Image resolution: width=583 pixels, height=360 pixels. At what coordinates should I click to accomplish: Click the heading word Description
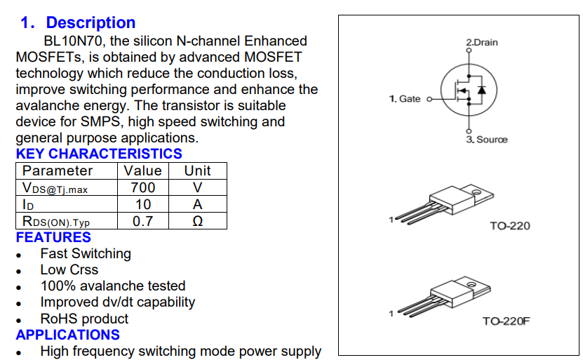pyautogui.click(x=91, y=23)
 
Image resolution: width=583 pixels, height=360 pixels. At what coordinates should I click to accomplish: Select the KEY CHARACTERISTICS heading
pyautogui.click(x=99, y=154)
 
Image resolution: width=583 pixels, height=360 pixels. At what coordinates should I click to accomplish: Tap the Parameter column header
pyautogui.click(x=58, y=171)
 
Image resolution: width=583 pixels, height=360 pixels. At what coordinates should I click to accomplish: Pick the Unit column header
pyautogui.click(x=197, y=171)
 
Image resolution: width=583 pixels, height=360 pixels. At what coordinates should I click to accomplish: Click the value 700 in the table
pyautogui.click(x=143, y=187)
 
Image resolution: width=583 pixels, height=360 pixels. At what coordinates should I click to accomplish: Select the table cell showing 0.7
pyautogui.click(x=143, y=221)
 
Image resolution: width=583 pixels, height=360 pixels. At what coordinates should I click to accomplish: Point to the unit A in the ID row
pyautogui.click(x=198, y=204)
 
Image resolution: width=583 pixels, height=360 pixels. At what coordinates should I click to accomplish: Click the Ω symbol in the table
pyautogui.click(x=198, y=221)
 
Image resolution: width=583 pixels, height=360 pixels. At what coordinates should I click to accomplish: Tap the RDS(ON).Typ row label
pyautogui.click(x=56, y=222)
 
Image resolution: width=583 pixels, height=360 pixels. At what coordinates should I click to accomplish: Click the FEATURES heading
pyautogui.click(x=53, y=238)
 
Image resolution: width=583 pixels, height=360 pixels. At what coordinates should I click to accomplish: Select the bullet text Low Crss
pyautogui.click(x=69, y=269)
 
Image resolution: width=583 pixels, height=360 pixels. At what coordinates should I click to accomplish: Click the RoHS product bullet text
pyautogui.click(x=84, y=319)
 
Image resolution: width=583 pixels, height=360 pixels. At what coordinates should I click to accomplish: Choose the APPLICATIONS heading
pyautogui.click(x=68, y=335)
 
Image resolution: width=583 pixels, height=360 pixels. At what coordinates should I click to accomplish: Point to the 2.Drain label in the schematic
pyautogui.click(x=482, y=43)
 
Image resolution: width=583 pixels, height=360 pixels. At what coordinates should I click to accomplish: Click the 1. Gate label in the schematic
pyautogui.click(x=405, y=99)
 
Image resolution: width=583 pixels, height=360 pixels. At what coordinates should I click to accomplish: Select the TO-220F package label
pyautogui.click(x=506, y=321)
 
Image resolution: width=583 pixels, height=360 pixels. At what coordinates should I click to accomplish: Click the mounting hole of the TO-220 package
pyautogui.click(x=476, y=189)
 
